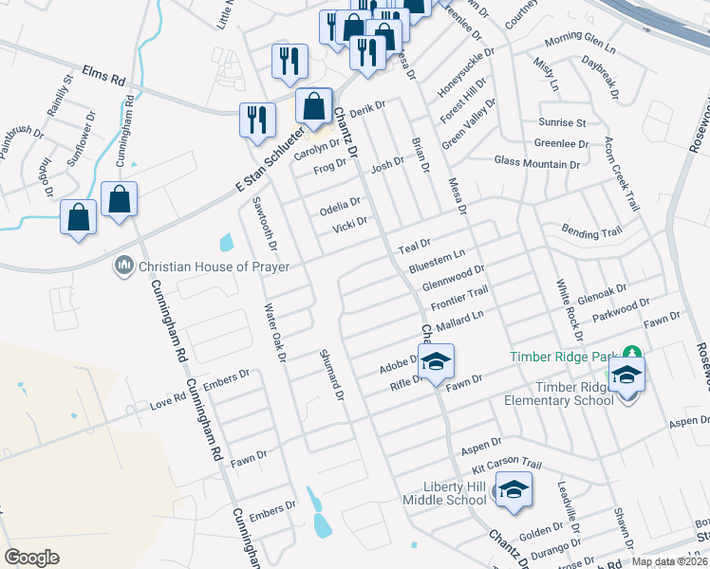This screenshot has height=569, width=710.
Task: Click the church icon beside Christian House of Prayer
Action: click(123, 266)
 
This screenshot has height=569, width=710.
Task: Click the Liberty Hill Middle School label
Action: click(444, 493)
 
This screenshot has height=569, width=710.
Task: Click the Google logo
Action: click(32, 558)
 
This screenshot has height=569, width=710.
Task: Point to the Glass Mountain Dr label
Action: click(536, 163)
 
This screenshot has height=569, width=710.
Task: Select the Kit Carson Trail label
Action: click(507, 464)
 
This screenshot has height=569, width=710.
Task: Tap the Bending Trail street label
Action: click(591, 231)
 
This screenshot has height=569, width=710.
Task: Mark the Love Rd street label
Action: click(167, 401)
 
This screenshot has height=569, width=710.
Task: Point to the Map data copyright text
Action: click(670, 560)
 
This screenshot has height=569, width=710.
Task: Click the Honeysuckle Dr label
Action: click(454, 72)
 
